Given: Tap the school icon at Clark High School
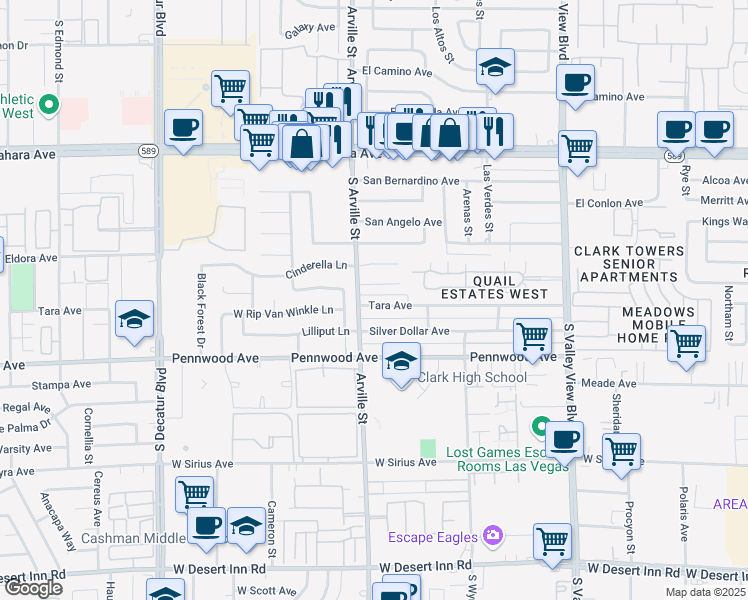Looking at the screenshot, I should [x=400, y=361].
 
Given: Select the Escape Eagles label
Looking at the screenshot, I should [x=432, y=537].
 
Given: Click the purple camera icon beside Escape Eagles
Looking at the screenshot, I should [x=491, y=537].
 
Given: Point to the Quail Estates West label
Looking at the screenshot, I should [x=496, y=287].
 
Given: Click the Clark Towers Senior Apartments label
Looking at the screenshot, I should [x=629, y=264].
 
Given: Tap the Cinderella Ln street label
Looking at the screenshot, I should [x=316, y=266].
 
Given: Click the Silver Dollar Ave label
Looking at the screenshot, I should [x=409, y=331].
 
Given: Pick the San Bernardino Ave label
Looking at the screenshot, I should [x=411, y=181].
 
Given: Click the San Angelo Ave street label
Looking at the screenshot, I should [x=403, y=222].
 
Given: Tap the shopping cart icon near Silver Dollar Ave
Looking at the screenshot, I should [x=532, y=335].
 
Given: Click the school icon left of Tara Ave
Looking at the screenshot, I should [x=134, y=319].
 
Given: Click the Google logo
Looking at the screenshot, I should [x=33, y=588].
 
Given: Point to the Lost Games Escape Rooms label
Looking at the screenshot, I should [x=498, y=459].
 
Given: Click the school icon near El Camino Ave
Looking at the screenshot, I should [x=495, y=67].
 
